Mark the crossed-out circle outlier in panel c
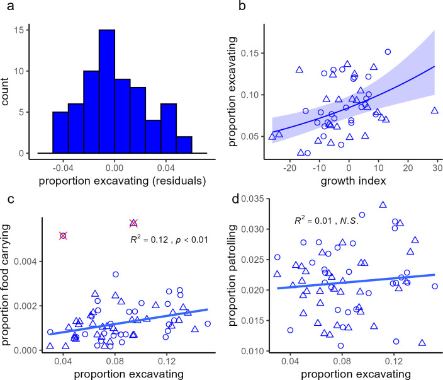64,236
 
